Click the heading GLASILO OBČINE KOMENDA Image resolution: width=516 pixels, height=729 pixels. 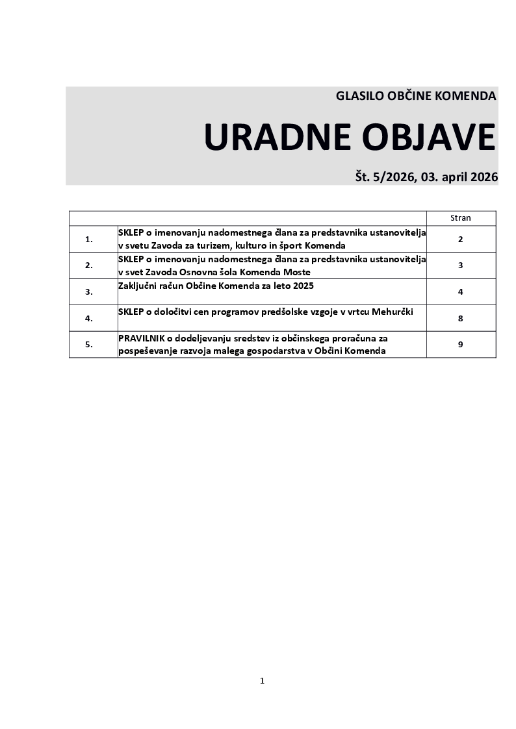pyautogui.click(x=416, y=96)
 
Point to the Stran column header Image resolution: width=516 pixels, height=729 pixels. pyautogui.click(x=460, y=218)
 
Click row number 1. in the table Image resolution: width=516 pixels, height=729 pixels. pyautogui.click(x=89, y=240)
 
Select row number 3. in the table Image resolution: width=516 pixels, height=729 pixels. pyautogui.click(x=89, y=292)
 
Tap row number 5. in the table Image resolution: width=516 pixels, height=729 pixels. pyautogui.click(x=89, y=345)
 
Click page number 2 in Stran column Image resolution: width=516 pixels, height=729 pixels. pyautogui.click(x=460, y=240)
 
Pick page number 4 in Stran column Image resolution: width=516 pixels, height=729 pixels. pyautogui.click(x=460, y=292)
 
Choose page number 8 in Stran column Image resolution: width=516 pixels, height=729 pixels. pyautogui.click(x=460, y=319)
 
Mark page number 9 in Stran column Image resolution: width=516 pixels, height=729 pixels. pyautogui.click(x=460, y=345)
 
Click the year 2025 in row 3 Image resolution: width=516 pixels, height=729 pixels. pyautogui.click(x=302, y=286)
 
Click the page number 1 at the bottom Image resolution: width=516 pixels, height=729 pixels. pyautogui.click(x=262, y=681)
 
